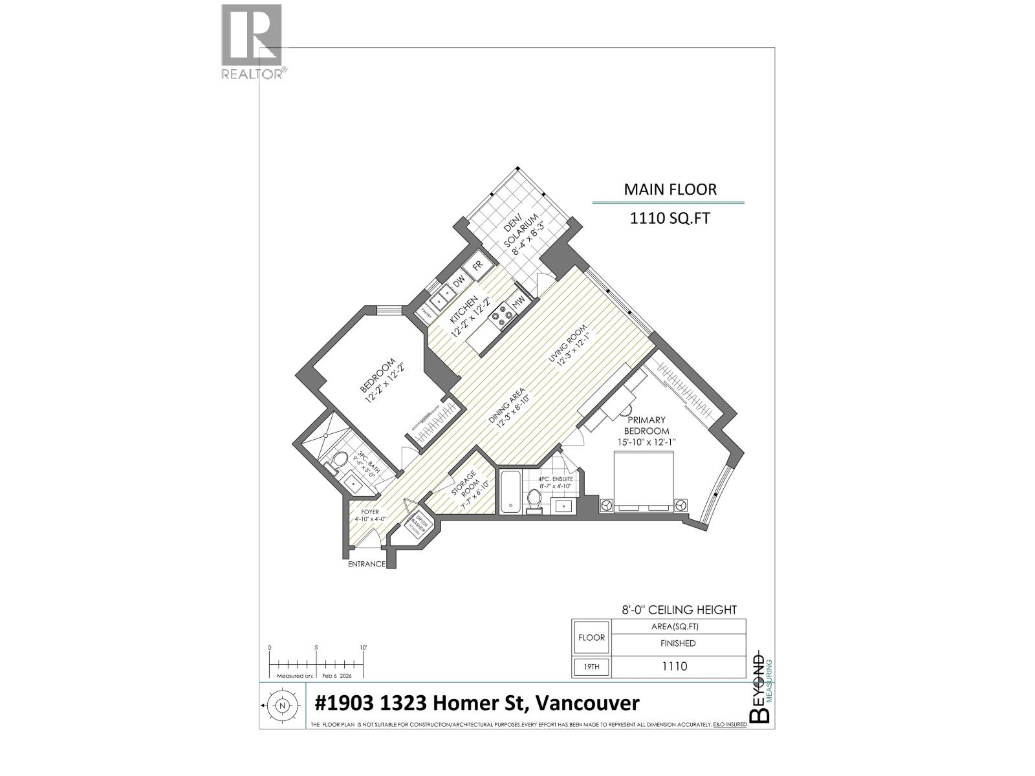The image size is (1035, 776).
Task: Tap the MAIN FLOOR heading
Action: (670, 189)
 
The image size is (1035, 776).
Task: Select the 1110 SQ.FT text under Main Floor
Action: (670, 219)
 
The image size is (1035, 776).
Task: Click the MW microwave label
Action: (517, 302)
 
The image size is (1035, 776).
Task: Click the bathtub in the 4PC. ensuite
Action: (509, 493)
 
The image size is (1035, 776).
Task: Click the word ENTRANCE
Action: (367, 564)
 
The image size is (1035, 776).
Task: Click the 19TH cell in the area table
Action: (591, 667)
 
